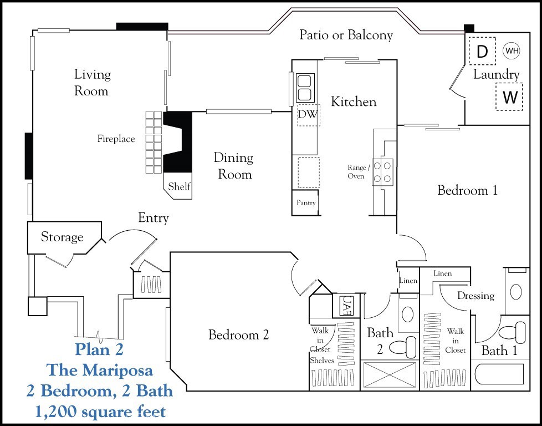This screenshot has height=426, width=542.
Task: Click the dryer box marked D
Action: pos(482,52)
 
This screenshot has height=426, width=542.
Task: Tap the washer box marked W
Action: pos(510,97)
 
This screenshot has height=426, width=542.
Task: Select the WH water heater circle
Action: pos(512,51)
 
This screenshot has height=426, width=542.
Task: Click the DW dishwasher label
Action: pos(308,114)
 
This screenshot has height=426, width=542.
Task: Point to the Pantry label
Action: pos(306,203)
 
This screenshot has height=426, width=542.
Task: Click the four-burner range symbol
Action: pos(383,171)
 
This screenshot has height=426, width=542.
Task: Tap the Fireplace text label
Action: pos(116,139)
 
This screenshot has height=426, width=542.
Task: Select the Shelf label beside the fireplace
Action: pos(179,187)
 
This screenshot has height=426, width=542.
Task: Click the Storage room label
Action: pos(62,237)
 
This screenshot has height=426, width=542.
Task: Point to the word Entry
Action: pos(153,218)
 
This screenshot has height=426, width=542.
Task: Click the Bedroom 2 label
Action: pos(238,334)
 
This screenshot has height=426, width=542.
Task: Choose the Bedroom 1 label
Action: pos(467,190)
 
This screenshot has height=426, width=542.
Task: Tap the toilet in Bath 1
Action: pos(510,333)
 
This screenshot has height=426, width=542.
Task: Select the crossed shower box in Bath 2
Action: pos(389,376)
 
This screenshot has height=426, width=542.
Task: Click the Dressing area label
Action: pos(475,296)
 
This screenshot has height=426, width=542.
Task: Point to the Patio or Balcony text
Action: pos(346,35)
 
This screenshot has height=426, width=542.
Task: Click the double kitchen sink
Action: pos(304,87)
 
